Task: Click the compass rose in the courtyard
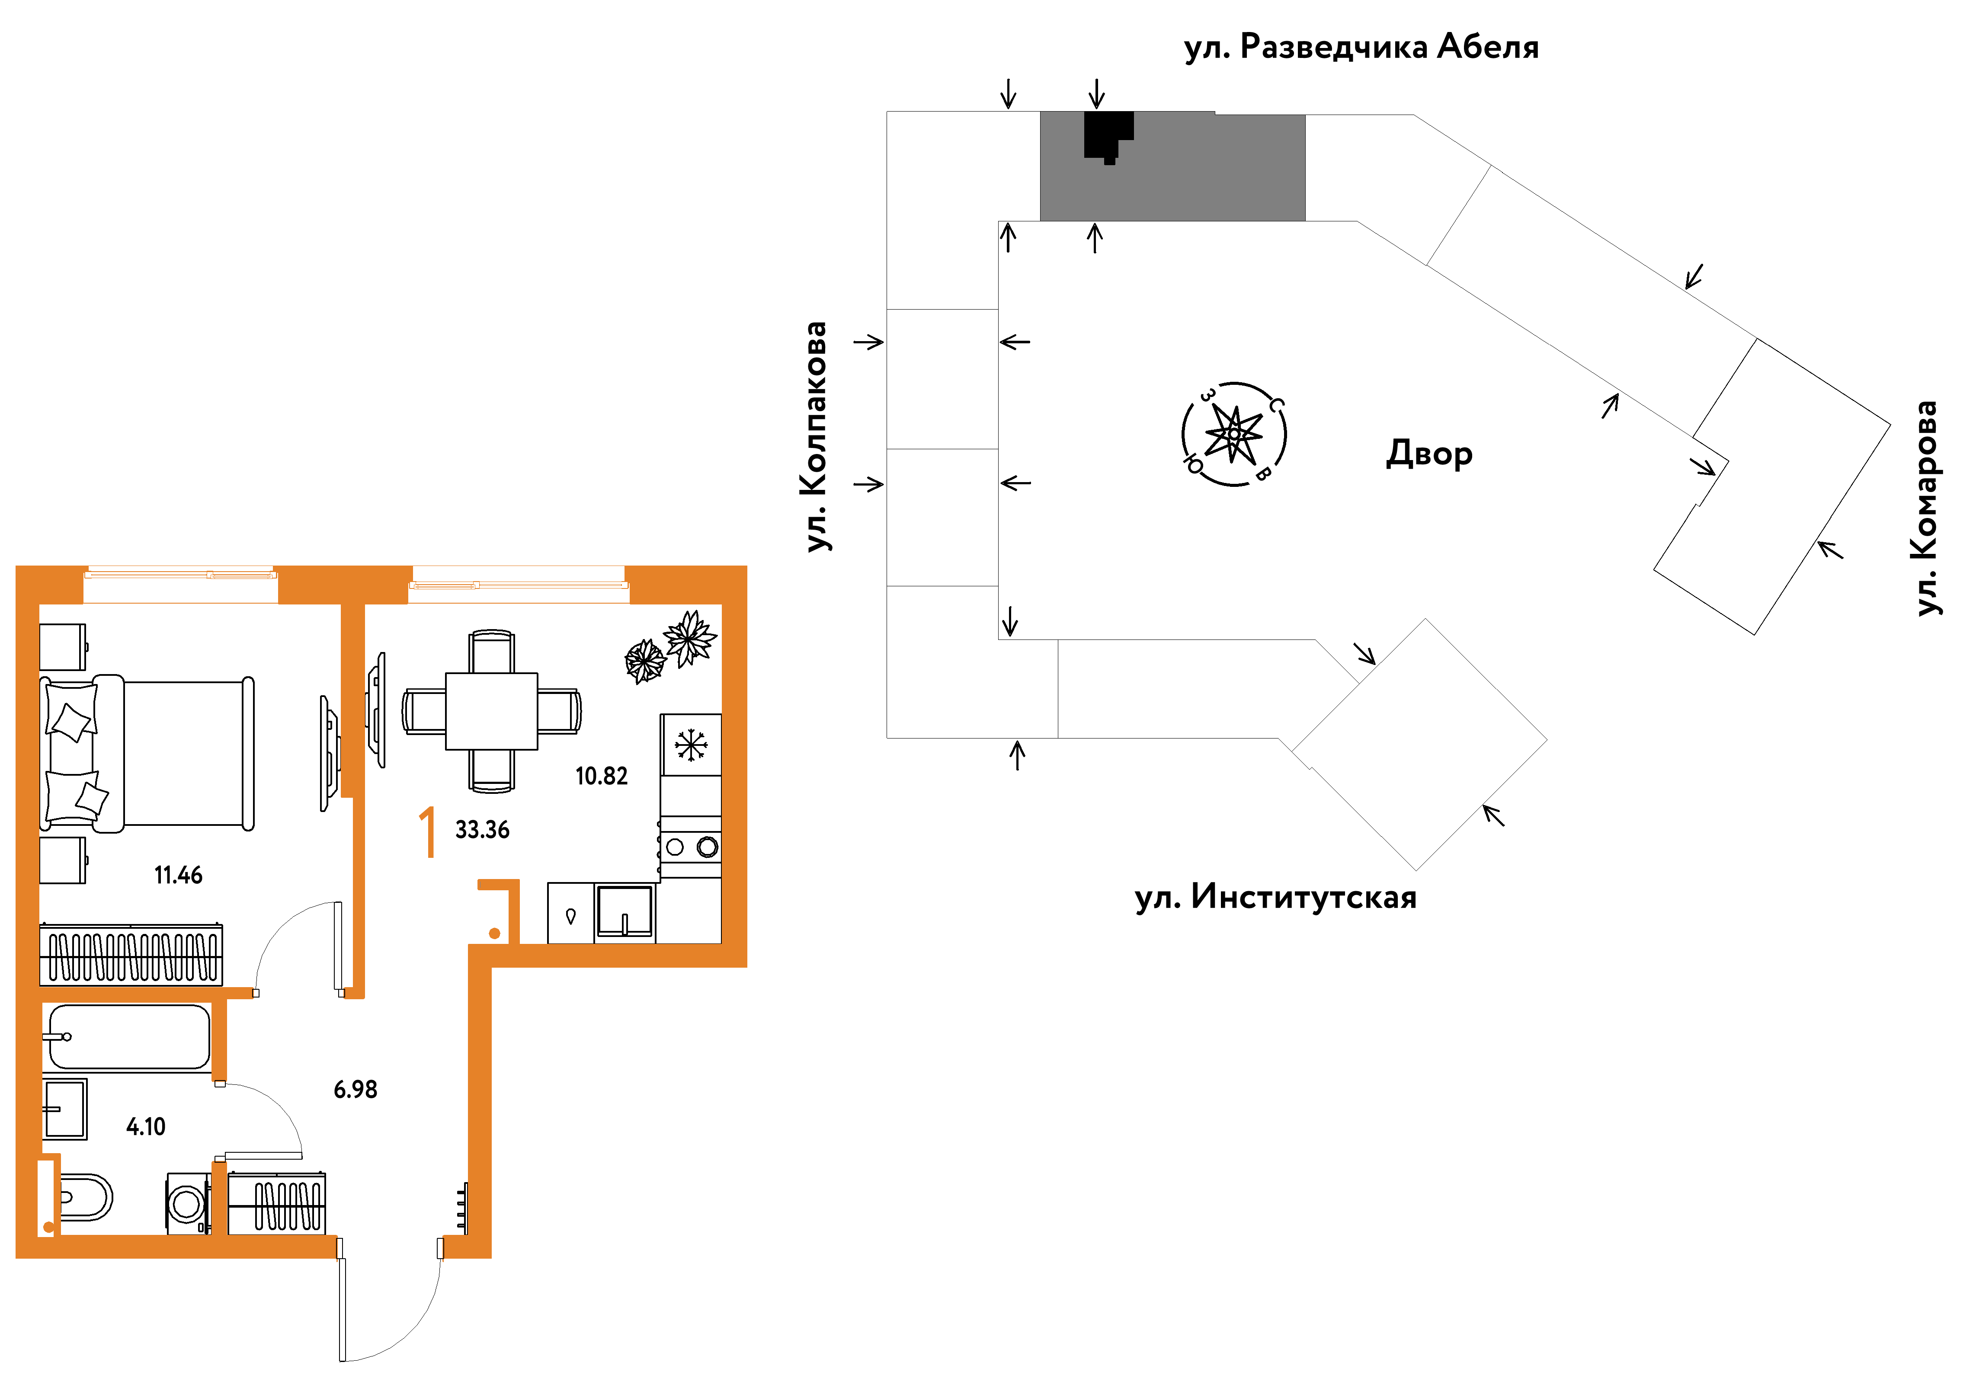1234,434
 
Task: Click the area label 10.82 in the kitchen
602,777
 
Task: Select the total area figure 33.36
482,830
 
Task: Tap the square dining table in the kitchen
492,711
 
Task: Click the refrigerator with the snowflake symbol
690,745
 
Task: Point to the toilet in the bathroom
84,1197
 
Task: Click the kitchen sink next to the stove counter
625,911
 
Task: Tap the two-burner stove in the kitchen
690,847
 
